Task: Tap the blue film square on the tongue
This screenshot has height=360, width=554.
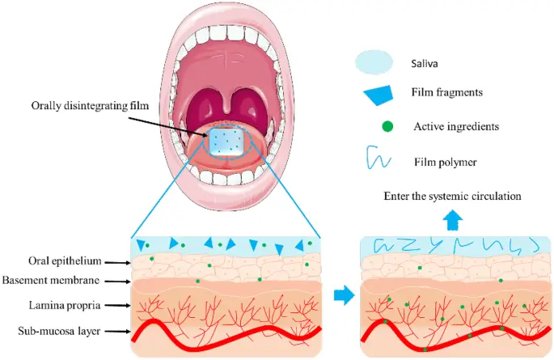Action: click(229, 142)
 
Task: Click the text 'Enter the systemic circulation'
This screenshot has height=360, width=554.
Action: click(452, 196)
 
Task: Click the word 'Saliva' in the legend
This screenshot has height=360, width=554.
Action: click(427, 61)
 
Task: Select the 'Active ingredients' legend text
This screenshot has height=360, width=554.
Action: click(454, 126)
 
